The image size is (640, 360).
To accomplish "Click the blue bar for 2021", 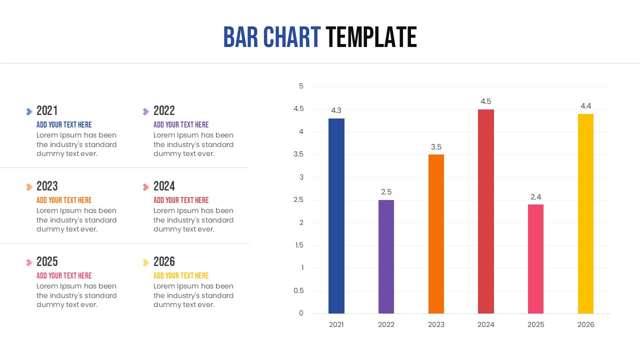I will tap(336, 216).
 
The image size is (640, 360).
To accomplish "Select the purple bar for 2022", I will tap(386, 256).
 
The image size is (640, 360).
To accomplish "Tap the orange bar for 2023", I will tap(436, 234).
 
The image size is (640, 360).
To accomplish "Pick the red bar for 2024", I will tap(485, 211).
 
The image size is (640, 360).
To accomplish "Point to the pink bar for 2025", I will tap(535, 258).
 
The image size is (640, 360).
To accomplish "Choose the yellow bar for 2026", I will tap(585, 213).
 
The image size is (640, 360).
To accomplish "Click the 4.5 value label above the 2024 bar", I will tap(485, 101).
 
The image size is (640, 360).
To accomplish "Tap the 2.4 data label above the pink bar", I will tap(535, 197).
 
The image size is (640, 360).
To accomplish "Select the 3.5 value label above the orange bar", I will tap(436, 147).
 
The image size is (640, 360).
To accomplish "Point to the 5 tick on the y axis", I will tap(301, 86).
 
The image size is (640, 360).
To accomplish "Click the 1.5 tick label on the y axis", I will tap(299, 245).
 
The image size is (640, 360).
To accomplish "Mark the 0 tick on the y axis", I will tap(301, 313).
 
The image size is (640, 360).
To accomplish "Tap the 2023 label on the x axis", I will tap(436, 324).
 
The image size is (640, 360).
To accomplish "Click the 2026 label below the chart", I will tap(585, 324).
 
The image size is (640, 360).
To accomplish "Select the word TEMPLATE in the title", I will tap(371, 37).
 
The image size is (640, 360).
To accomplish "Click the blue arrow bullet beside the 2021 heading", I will tap(29, 111).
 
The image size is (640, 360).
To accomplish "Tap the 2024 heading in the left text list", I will tap(164, 186).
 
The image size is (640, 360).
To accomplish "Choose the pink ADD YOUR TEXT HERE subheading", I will tap(64, 275).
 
